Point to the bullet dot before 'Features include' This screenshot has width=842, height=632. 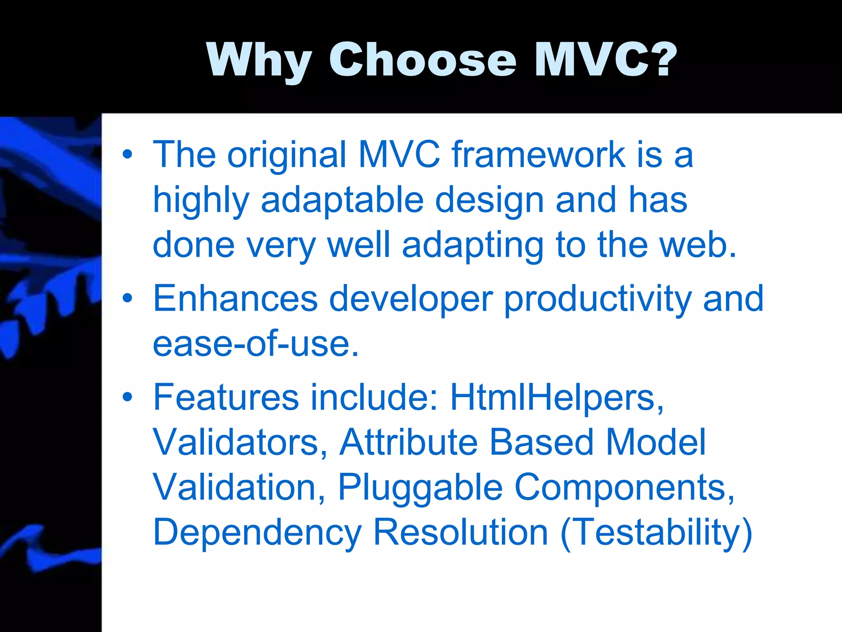(127, 397)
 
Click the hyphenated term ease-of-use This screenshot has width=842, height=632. (256, 344)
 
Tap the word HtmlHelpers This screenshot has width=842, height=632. (557, 397)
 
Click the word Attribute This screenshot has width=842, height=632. (409, 442)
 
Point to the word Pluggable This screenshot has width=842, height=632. (420, 488)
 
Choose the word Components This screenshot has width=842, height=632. (624, 488)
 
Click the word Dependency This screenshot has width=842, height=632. (257, 533)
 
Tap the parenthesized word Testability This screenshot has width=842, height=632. (657, 533)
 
